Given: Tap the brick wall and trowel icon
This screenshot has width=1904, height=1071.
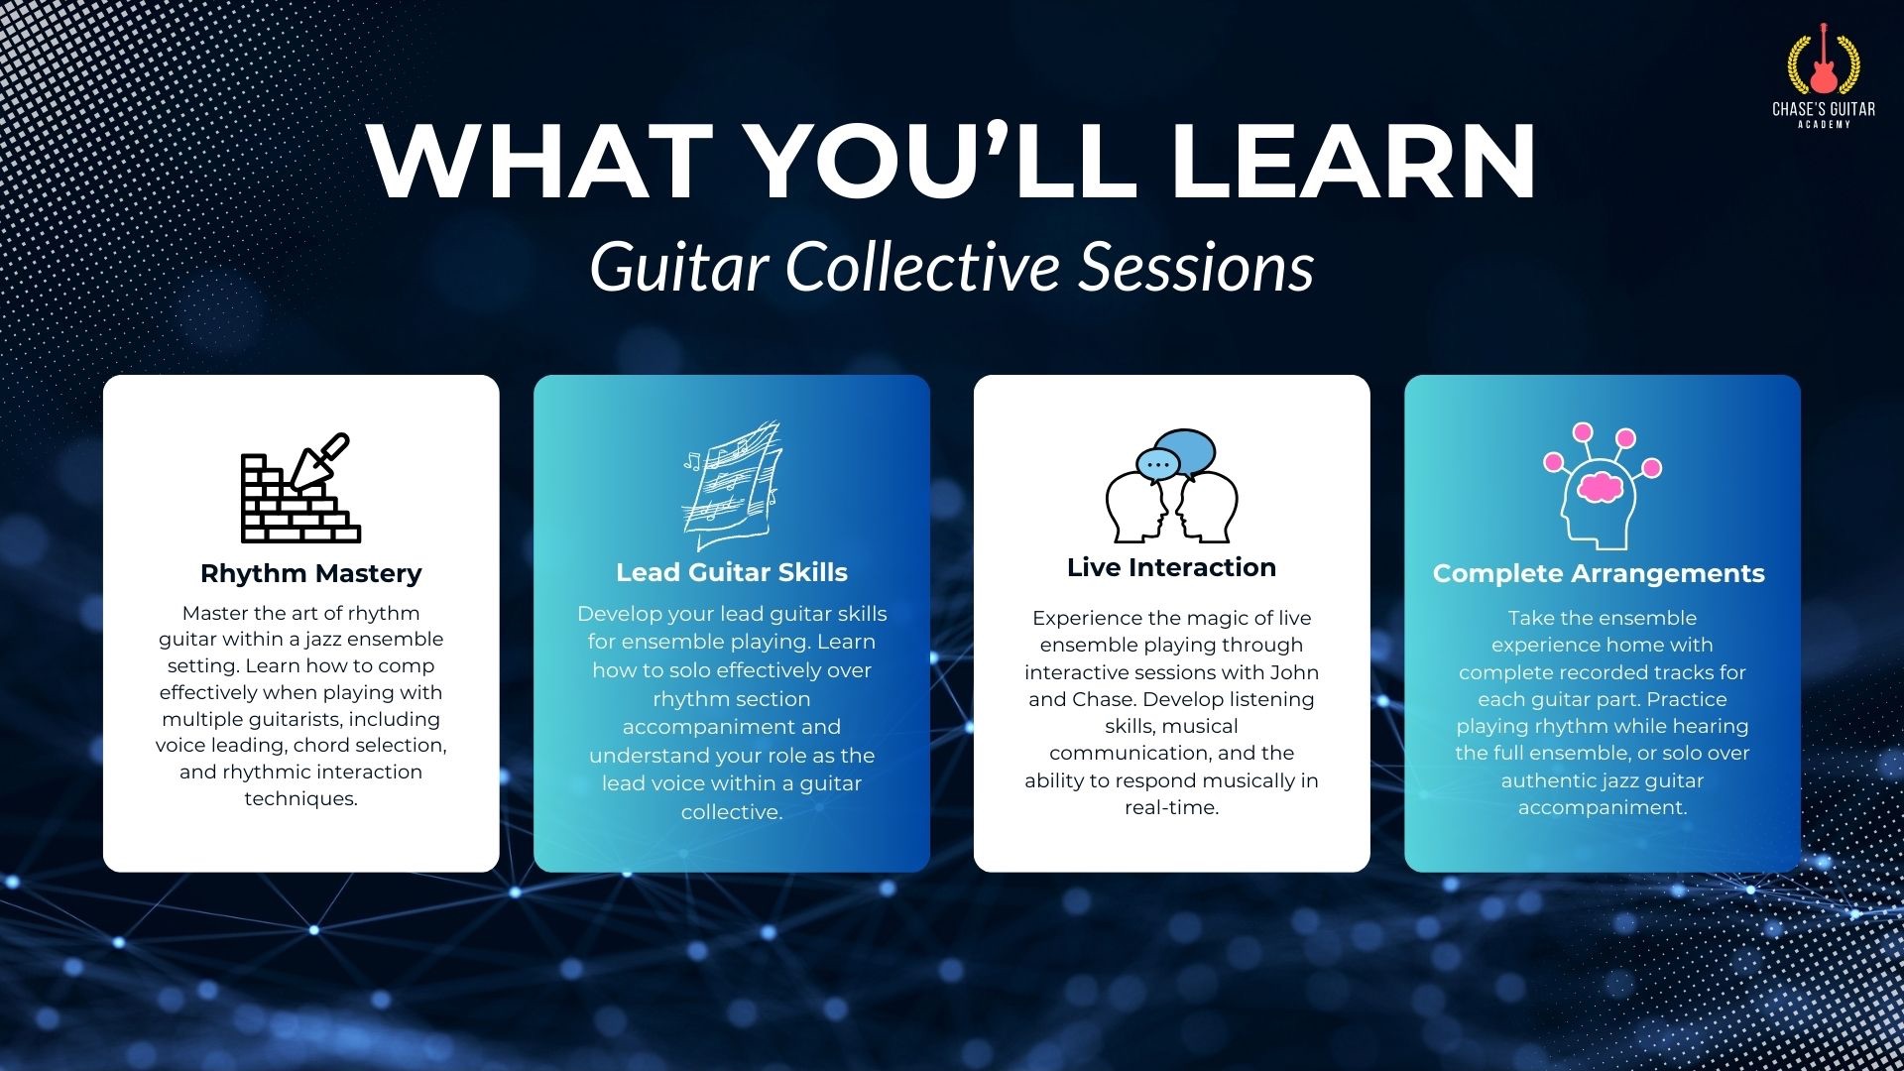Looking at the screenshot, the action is point(300,488).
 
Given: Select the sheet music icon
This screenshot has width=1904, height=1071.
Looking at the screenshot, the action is point(732,485).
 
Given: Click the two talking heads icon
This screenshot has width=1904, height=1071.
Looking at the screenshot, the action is point(1172,486).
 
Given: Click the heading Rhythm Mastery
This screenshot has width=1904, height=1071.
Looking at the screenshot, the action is point(311,573).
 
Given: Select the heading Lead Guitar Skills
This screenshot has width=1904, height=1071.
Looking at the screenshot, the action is point(732,572).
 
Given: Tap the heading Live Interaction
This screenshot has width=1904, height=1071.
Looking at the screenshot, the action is point(1171,567).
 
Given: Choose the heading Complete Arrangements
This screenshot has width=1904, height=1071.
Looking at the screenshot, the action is point(1599,573).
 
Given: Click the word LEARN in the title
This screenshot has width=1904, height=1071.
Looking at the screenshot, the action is point(1353,161).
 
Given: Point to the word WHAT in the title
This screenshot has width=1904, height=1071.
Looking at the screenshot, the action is point(540,161).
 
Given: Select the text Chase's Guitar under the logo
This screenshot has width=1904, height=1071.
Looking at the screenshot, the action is point(1824,109).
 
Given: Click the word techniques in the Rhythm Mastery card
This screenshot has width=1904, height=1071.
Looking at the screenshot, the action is point(300,799).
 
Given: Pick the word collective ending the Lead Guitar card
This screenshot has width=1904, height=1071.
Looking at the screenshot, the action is point(732,812).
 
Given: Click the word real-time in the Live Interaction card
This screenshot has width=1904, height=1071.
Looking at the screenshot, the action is point(1171,808).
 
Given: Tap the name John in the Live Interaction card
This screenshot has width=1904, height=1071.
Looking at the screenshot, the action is point(1294,672).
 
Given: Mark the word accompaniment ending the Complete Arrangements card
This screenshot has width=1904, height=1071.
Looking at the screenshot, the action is point(1603,808).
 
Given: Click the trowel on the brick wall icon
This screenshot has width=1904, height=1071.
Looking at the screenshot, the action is point(319,461).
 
